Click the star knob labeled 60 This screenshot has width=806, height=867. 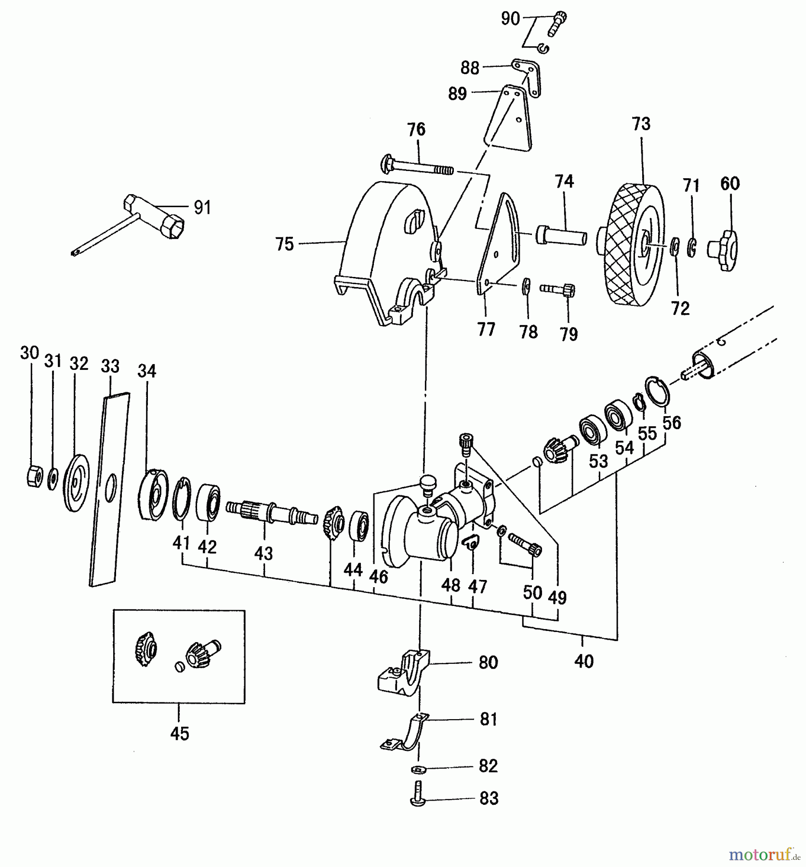724,250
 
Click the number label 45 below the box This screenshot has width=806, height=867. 179,734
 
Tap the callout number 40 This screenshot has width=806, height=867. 583,661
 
